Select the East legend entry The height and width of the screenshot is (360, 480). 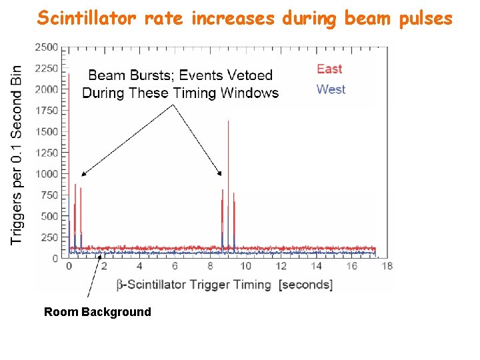click(329, 69)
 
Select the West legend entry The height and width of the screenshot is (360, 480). click(331, 89)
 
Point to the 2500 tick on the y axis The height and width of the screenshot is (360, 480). click(47, 47)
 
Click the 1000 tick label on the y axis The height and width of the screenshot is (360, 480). click(47, 174)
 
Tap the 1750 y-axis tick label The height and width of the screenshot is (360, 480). click(47, 111)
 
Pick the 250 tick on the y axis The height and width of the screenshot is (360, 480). click(51, 237)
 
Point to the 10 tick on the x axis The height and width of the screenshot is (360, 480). click(245, 266)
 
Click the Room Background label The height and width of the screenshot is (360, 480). click(97, 312)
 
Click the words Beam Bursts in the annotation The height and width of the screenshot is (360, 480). click(125, 75)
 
